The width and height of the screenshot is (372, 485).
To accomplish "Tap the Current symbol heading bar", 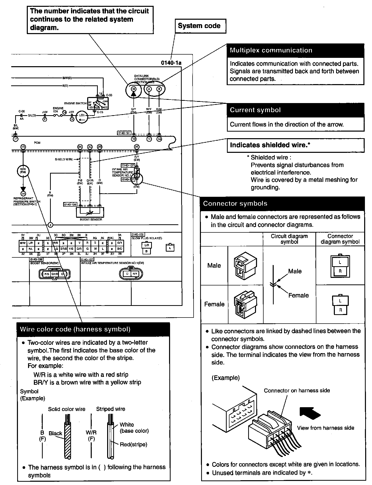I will click(x=295, y=110).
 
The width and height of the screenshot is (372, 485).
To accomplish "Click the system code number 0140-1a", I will click(x=171, y=63).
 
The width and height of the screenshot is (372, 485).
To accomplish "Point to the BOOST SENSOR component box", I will click(x=90, y=212).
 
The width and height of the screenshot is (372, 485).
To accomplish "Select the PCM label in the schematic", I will click(x=37, y=143).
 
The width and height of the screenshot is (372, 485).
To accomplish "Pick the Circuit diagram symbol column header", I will click(x=289, y=239).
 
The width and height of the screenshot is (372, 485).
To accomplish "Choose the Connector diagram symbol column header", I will click(x=340, y=239).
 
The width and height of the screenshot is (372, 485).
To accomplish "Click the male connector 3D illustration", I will click(x=245, y=266).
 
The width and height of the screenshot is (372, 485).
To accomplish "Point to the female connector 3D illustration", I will click(x=245, y=304).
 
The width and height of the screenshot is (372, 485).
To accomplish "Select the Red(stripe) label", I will click(x=133, y=444).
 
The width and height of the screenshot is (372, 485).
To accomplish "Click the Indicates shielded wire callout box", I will click(x=295, y=145).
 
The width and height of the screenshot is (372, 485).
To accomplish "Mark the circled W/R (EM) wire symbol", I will click(x=23, y=171).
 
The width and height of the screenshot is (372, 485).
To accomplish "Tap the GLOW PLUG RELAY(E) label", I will click(x=147, y=238).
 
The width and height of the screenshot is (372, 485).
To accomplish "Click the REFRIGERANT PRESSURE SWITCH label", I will click(x=27, y=201).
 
